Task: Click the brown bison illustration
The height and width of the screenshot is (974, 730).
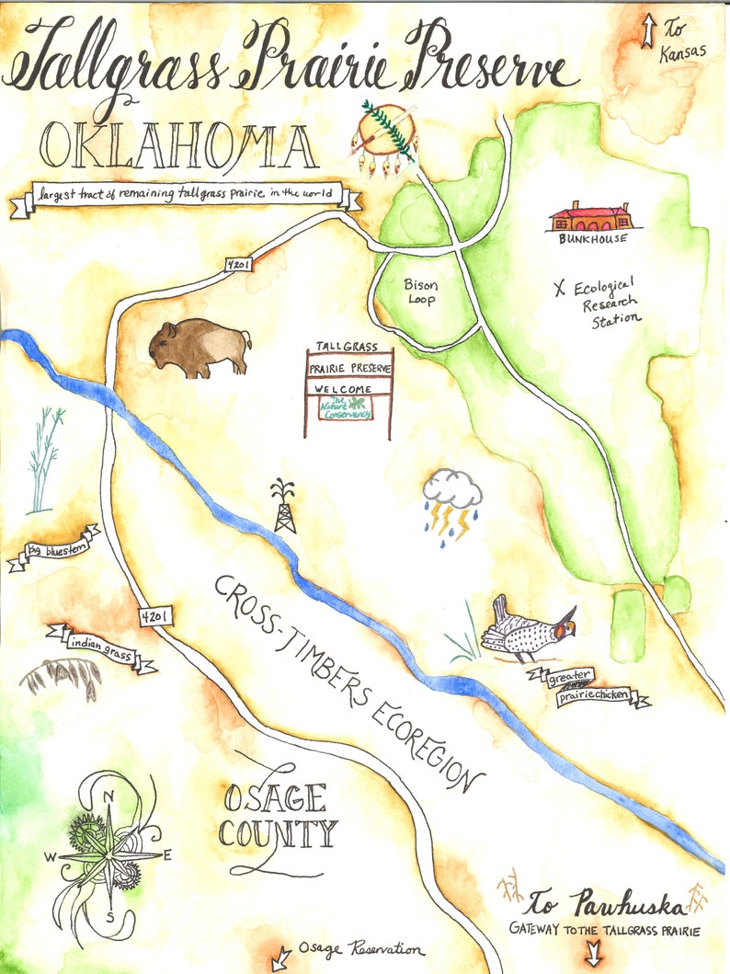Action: [x=200, y=349]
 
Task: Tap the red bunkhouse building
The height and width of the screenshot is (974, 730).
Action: [x=590, y=217]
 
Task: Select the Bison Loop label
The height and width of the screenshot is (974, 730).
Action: [x=421, y=292]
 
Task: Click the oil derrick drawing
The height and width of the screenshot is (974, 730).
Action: [x=284, y=506]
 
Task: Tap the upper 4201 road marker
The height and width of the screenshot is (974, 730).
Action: [x=238, y=265]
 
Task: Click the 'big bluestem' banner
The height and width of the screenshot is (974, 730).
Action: [x=55, y=550]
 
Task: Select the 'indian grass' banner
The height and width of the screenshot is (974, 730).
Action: [x=101, y=645]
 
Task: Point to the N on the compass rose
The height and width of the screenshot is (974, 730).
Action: [x=108, y=797]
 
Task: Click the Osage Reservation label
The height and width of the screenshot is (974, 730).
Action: [x=365, y=950]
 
